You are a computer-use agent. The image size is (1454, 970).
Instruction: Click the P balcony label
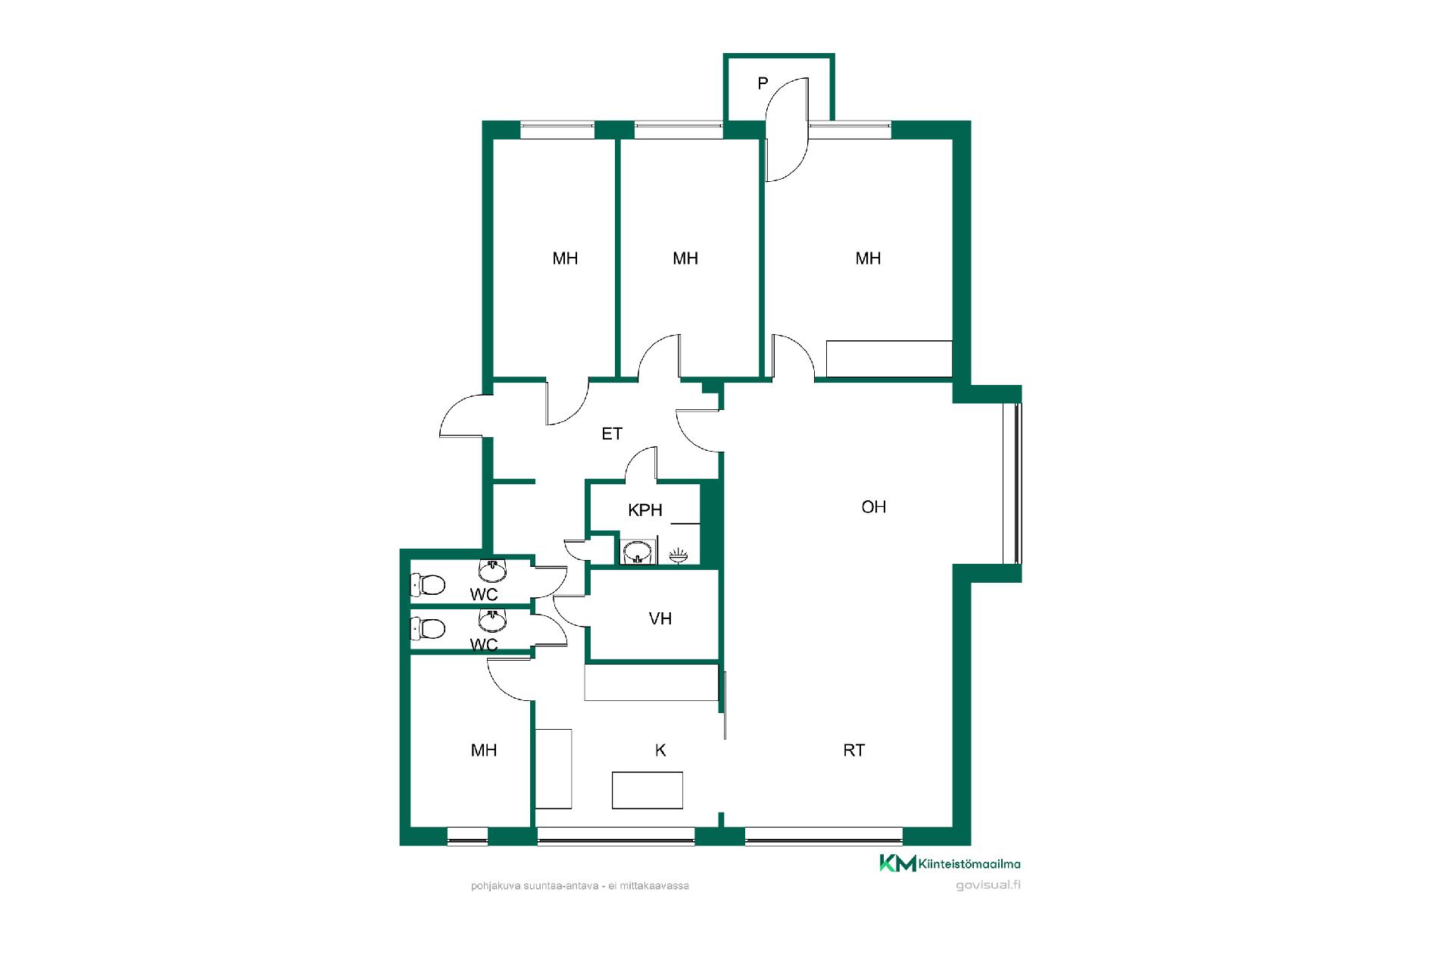click(763, 83)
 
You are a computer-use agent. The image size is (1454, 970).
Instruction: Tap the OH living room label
click(873, 507)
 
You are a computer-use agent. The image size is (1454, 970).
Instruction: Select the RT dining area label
click(853, 750)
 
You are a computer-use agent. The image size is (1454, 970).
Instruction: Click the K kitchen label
click(660, 750)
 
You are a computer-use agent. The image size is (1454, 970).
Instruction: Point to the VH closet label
click(660, 619)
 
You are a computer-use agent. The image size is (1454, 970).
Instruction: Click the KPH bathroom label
click(645, 510)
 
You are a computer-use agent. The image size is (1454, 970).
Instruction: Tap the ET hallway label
click(612, 433)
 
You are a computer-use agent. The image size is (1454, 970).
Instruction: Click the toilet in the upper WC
click(427, 584)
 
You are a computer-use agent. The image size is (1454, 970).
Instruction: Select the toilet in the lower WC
click(427, 628)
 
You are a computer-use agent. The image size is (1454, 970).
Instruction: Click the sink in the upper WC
click(493, 571)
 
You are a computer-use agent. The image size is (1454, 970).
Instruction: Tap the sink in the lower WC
click(493, 621)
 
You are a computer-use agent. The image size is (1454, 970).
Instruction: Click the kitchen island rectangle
click(647, 790)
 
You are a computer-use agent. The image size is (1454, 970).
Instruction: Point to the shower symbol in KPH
click(679, 557)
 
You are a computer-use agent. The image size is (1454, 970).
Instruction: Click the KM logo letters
click(897, 863)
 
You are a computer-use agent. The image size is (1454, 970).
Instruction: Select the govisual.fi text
click(988, 885)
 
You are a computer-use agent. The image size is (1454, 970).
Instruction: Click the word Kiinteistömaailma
click(969, 863)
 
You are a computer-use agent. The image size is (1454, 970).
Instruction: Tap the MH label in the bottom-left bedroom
click(484, 750)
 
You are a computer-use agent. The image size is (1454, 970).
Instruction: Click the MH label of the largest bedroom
click(868, 258)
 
